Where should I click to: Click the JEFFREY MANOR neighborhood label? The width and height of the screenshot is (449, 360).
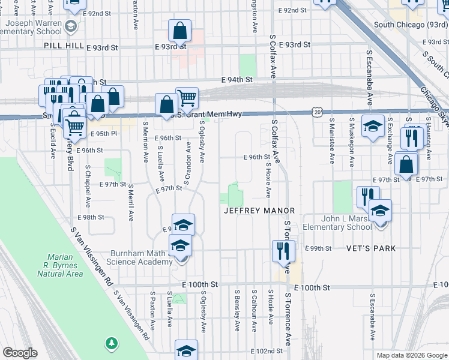(259, 211)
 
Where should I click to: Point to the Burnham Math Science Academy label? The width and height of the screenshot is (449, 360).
(139, 257)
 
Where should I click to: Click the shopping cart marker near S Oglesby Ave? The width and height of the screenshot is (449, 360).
(187, 98)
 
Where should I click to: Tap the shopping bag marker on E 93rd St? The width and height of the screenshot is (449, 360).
(179, 31)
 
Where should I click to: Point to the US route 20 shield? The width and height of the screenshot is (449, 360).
(317, 112)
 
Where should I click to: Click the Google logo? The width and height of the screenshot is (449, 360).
(20, 353)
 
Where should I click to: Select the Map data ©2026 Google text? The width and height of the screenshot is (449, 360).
(411, 355)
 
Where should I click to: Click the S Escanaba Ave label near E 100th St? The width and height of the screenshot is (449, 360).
(373, 313)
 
